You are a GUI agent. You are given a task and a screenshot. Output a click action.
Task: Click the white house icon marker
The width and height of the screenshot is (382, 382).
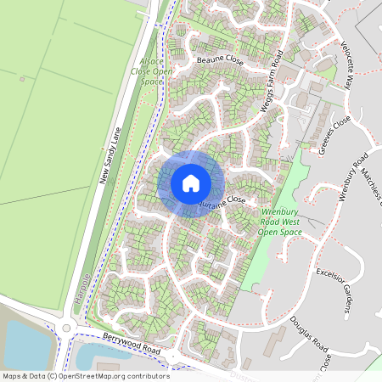(191, 183)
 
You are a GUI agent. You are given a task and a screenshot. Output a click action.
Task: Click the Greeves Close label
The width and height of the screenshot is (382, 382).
(335, 132)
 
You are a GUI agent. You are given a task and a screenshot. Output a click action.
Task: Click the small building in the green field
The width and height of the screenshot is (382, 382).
(21, 79)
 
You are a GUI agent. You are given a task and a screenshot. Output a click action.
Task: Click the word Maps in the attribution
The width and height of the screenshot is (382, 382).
(12, 375)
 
